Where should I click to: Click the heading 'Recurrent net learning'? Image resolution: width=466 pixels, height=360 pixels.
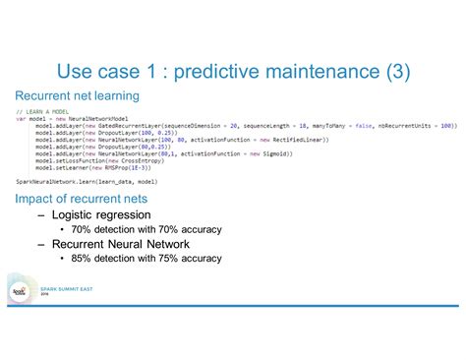(77, 95)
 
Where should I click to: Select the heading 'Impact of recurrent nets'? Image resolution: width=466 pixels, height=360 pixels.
(82, 198)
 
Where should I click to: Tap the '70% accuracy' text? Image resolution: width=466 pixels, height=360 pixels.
(190, 229)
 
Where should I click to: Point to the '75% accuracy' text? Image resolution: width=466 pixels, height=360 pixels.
(190, 259)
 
